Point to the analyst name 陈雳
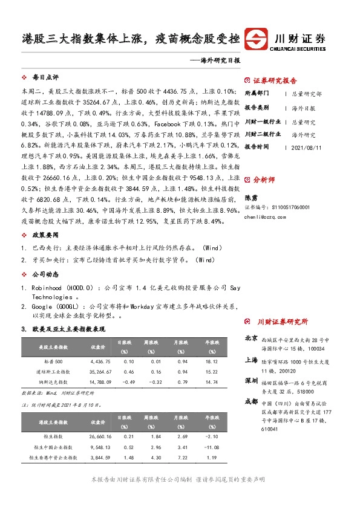click(250, 197)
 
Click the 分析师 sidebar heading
click(264, 180)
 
